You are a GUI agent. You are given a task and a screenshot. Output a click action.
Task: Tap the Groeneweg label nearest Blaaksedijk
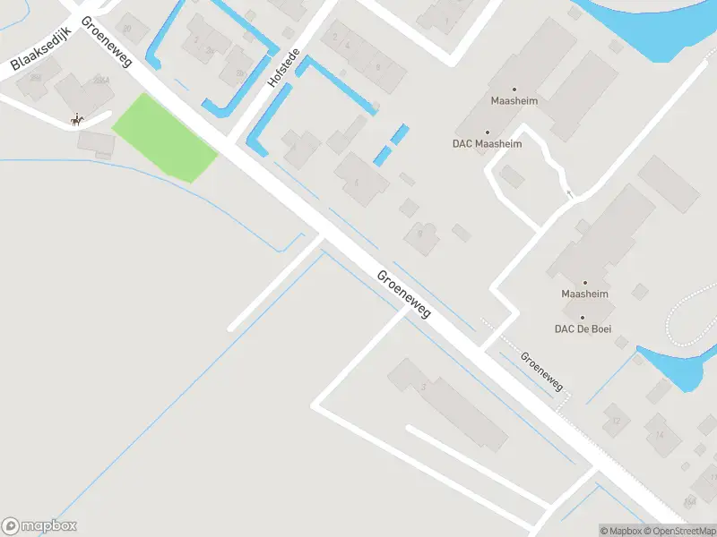click(107, 40)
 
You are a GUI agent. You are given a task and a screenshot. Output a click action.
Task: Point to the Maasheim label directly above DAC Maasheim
click(514, 101)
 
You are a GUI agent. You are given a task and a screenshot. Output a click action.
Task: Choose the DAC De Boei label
click(582, 328)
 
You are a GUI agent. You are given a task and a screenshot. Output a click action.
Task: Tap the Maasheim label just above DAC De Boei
click(584, 294)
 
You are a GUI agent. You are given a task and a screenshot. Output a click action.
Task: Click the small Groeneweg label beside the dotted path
click(542, 371)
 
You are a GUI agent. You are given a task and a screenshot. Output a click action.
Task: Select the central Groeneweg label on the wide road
click(404, 294)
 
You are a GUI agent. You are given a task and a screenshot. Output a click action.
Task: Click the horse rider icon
click(78, 119)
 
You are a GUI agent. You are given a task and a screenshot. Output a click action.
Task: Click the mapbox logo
click(39, 526)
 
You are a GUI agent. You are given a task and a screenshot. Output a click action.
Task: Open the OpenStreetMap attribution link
click(678, 531)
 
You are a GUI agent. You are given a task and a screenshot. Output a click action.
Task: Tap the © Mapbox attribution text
click(621, 531)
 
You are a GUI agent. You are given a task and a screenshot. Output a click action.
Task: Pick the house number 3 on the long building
click(422, 387)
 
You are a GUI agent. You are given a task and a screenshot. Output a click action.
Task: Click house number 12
click(615, 420)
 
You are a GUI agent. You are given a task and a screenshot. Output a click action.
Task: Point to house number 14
click(660, 435)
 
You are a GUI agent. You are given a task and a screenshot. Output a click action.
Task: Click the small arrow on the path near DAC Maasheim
click(568, 193)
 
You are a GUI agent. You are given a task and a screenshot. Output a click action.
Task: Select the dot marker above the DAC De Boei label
click(582, 318)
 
